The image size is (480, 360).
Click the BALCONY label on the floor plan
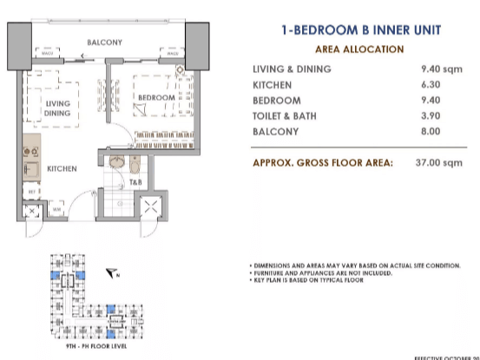click(x=104, y=42)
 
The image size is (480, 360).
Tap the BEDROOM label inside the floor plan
click(x=158, y=99)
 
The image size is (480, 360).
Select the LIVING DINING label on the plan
click(x=58, y=108)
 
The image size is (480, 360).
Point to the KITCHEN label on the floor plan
click(x=62, y=168)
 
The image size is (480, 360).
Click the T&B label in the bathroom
click(x=136, y=183)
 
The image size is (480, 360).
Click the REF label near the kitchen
click(x=32, y=191)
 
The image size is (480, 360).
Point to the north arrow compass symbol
click(x=111, y=272)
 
